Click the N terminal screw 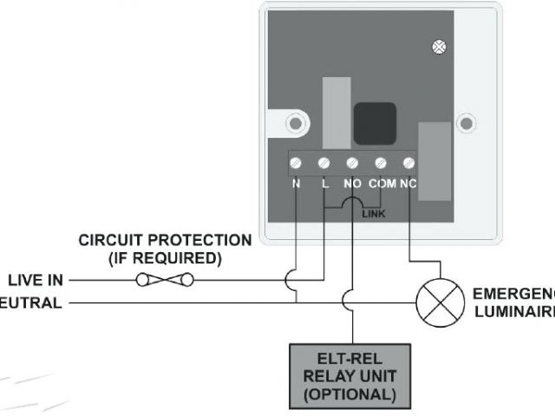(x=297, y=162)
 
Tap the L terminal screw (x=324, y=162)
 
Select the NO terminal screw (x=352, y=162)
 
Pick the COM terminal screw (x=381, y=162)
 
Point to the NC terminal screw (x=408, y=162)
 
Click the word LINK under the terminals (x=375, y=211)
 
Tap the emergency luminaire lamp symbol (x=434, y=302)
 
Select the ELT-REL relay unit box (x=351, y=374)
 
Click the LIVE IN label (x=36, y=280)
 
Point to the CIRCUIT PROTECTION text (x=165, y=240)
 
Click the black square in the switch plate (x=375, y=123)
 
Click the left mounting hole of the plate (x=295, y=123)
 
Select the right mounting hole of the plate (x=466, y=123)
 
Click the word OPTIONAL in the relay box (x=351, y=394)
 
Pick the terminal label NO (x=352, y=184)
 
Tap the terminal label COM (x=382, y=184)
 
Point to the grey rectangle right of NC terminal (x=433, y=161)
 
